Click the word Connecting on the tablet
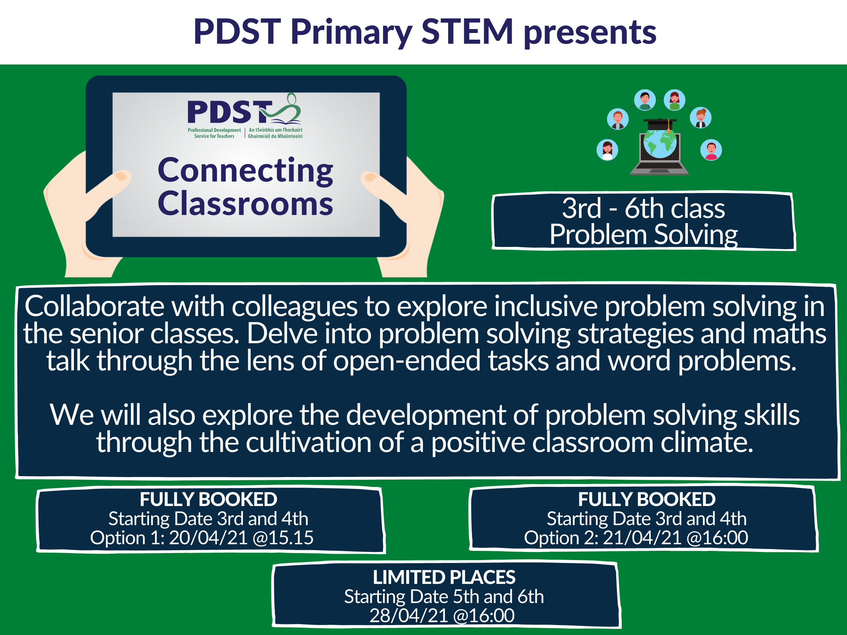coord(245,171)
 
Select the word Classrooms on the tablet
coord(245,204)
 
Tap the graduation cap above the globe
coord(660,123)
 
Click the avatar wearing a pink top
coord(711,150)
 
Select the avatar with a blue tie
coord(618,119)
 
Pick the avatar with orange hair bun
coord(701,118)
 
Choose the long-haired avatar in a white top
coord(607,150)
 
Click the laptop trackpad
coord(660,171)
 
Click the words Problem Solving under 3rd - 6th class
coord(643,234)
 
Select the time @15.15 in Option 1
coord(283,538)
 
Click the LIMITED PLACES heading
coord(444,577)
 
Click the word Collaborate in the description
coord(94,306)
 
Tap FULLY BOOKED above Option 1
coord(208,499)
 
